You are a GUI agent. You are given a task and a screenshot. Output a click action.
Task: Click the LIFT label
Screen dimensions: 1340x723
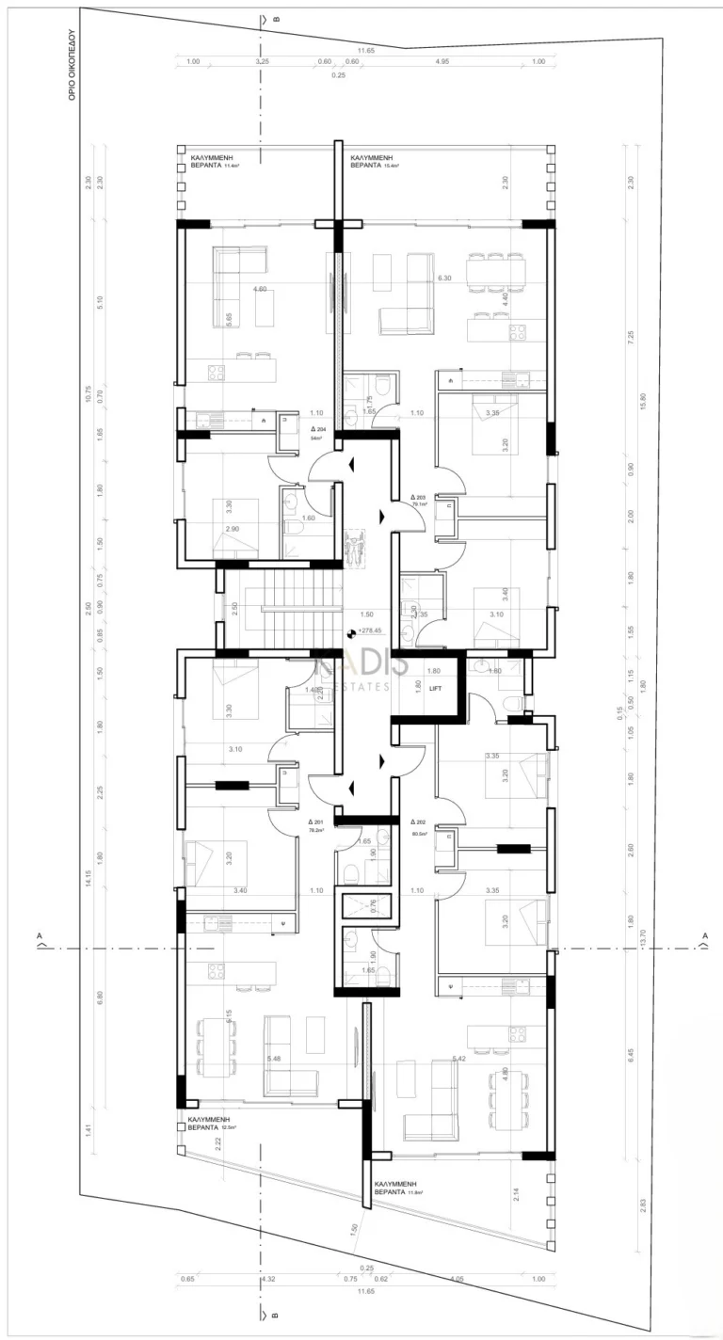[x=435, y=689]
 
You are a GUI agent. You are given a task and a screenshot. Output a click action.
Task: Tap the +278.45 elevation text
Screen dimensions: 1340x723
[x=371, y=631]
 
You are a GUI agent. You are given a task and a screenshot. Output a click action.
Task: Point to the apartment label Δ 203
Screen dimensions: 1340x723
[x=418, y=498]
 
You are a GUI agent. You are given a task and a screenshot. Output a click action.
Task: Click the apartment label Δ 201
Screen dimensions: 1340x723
[x=315, y=822]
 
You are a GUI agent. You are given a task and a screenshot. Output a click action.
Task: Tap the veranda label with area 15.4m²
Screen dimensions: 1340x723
[x=374, y=160]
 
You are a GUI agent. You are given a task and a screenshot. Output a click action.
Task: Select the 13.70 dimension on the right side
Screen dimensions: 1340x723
[x=643, y=938]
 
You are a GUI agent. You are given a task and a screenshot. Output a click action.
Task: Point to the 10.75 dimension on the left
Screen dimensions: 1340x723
[x=88, y=395]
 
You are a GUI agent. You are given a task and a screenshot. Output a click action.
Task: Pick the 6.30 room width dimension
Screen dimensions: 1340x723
[x=445, y=279]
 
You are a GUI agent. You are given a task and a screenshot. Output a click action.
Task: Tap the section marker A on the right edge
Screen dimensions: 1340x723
[x=703, y=935]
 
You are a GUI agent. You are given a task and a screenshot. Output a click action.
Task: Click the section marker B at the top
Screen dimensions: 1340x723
[x=276, y=18]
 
